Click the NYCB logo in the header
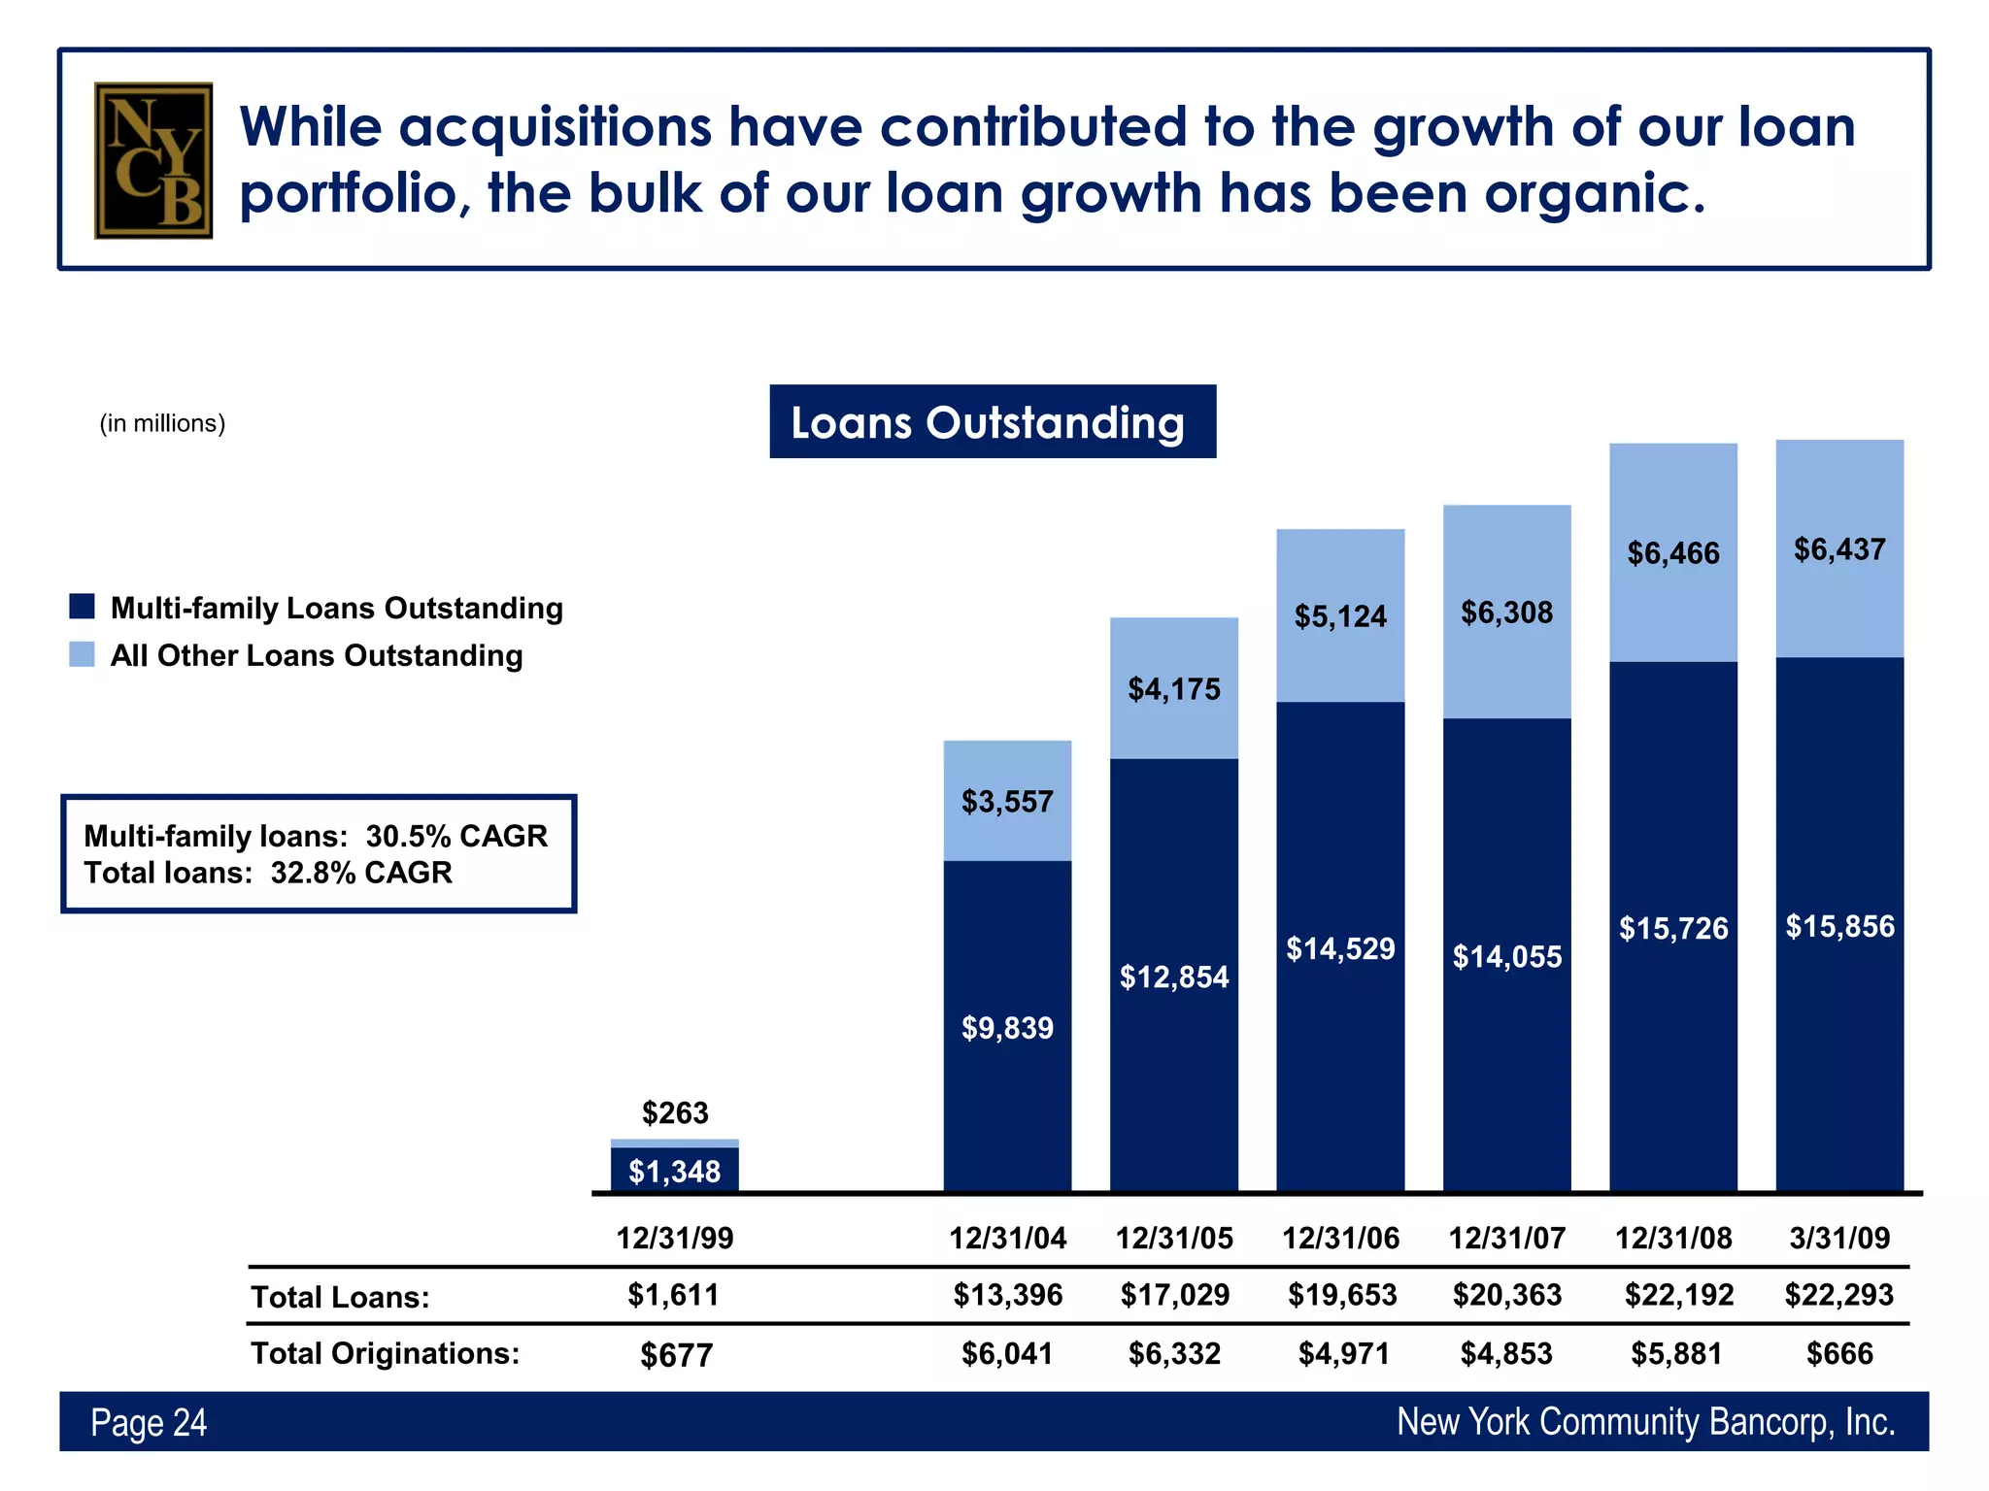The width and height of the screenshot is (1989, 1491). [x=153, y=160]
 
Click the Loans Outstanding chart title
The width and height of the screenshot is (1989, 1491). [x=992, y=422]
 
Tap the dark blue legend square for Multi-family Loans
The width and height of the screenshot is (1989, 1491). [x=82, y=607]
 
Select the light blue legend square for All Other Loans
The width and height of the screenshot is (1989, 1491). [x=82, y=654]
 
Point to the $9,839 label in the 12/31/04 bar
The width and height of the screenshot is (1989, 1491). [x=1007, y=1028]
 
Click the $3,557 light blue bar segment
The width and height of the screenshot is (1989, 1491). [x=1007, y=801]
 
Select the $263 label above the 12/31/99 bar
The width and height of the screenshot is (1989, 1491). [x=675, y=1112]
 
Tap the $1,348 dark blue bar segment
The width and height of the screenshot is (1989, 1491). [x=675, y=1171]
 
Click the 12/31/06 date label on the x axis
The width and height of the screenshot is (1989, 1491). [x=1340, y=1239]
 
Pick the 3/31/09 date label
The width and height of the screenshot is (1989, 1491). [x=1839, y=1239]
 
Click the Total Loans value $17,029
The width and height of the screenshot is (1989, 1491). [x=1174, y=1295]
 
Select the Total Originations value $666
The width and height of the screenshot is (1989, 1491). [x=1839, y=1353]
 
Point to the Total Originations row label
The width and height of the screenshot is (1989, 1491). [x=386, y=1353]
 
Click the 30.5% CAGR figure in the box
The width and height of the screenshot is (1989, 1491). [x=456, y=836]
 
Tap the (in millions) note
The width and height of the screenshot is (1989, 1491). [x=162, y=423]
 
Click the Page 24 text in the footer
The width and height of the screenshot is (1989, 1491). [x=149, y=1423]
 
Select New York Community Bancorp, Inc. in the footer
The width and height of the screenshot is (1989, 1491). [x=1645, y=1422]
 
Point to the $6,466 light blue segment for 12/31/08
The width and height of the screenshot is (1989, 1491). [x=1673, y=553]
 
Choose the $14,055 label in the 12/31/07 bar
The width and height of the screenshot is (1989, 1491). [x=1506, y=957]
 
